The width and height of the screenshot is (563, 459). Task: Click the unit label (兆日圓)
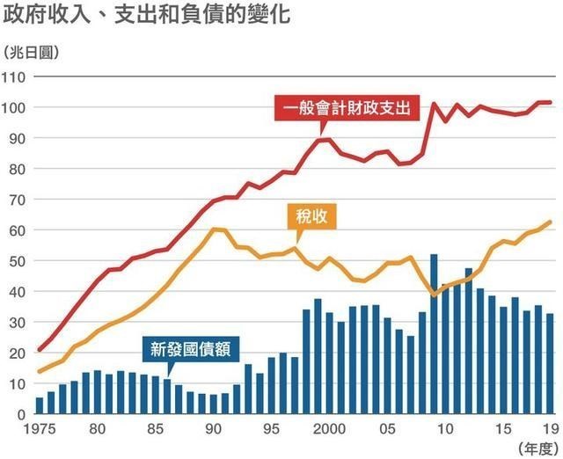tap(31, 53)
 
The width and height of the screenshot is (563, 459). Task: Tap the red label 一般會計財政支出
tap(347, 108)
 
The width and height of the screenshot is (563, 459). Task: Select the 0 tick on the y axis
tap(18, 414)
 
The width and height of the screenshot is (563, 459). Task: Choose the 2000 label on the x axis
tap(329, 429)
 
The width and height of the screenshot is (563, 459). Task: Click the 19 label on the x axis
tap(550, 429)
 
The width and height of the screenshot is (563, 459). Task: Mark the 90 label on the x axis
tap(212, 429)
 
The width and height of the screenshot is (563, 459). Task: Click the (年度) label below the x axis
tap(537, 448)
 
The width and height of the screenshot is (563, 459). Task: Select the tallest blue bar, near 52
tap(434, 334)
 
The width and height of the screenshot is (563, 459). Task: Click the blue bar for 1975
tap(40, 405)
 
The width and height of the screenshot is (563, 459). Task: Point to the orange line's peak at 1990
tap(212, 229)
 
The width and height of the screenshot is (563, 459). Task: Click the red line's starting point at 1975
tap(40, 350)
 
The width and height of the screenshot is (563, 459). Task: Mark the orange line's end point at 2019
tap(551, 222)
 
